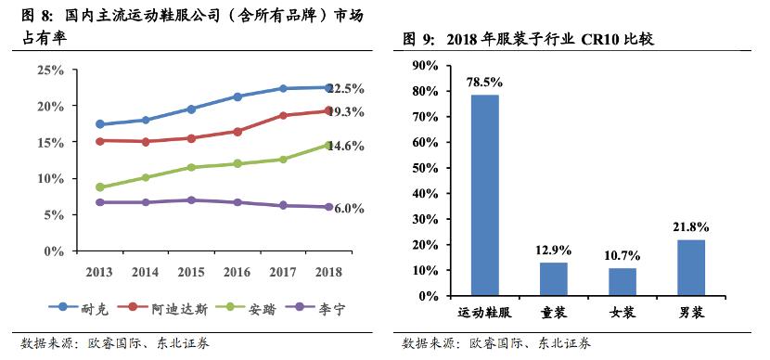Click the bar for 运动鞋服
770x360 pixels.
[484, 195]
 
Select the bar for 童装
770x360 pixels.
[554, 278]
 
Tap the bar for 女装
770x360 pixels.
[622, 281]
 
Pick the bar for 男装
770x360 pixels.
[691, 267]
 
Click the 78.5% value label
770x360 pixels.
[484, 82]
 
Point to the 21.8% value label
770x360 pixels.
[691, 226]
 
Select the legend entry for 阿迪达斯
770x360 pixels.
[163, 307]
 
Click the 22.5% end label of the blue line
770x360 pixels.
[344, 89]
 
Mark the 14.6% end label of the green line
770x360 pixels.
[344, 147]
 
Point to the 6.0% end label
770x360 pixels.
[347, 209]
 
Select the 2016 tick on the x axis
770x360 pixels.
[237, 272]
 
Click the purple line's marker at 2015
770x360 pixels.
[191, 199]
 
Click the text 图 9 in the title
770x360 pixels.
[419, 39]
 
